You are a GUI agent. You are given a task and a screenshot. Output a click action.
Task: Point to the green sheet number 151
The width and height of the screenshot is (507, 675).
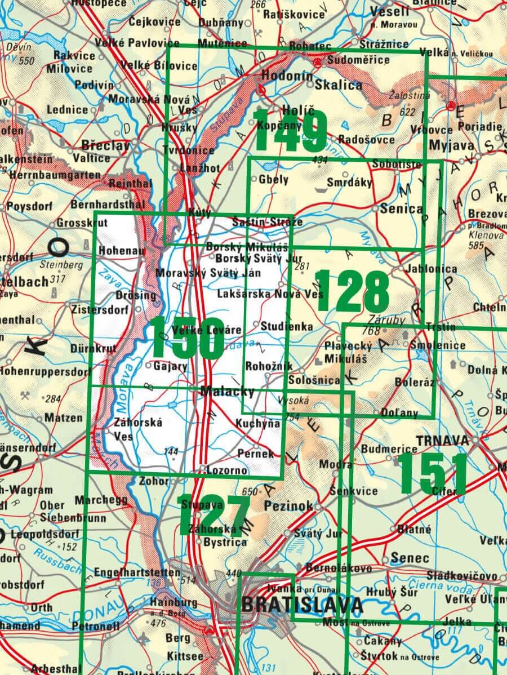point(432,473)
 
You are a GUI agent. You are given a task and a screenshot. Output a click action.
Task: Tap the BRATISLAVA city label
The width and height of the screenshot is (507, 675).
point(302,605)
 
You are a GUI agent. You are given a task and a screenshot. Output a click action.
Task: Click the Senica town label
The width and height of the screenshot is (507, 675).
point(401,208)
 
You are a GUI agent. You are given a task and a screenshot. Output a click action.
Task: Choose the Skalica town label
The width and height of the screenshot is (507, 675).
point(339,85)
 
